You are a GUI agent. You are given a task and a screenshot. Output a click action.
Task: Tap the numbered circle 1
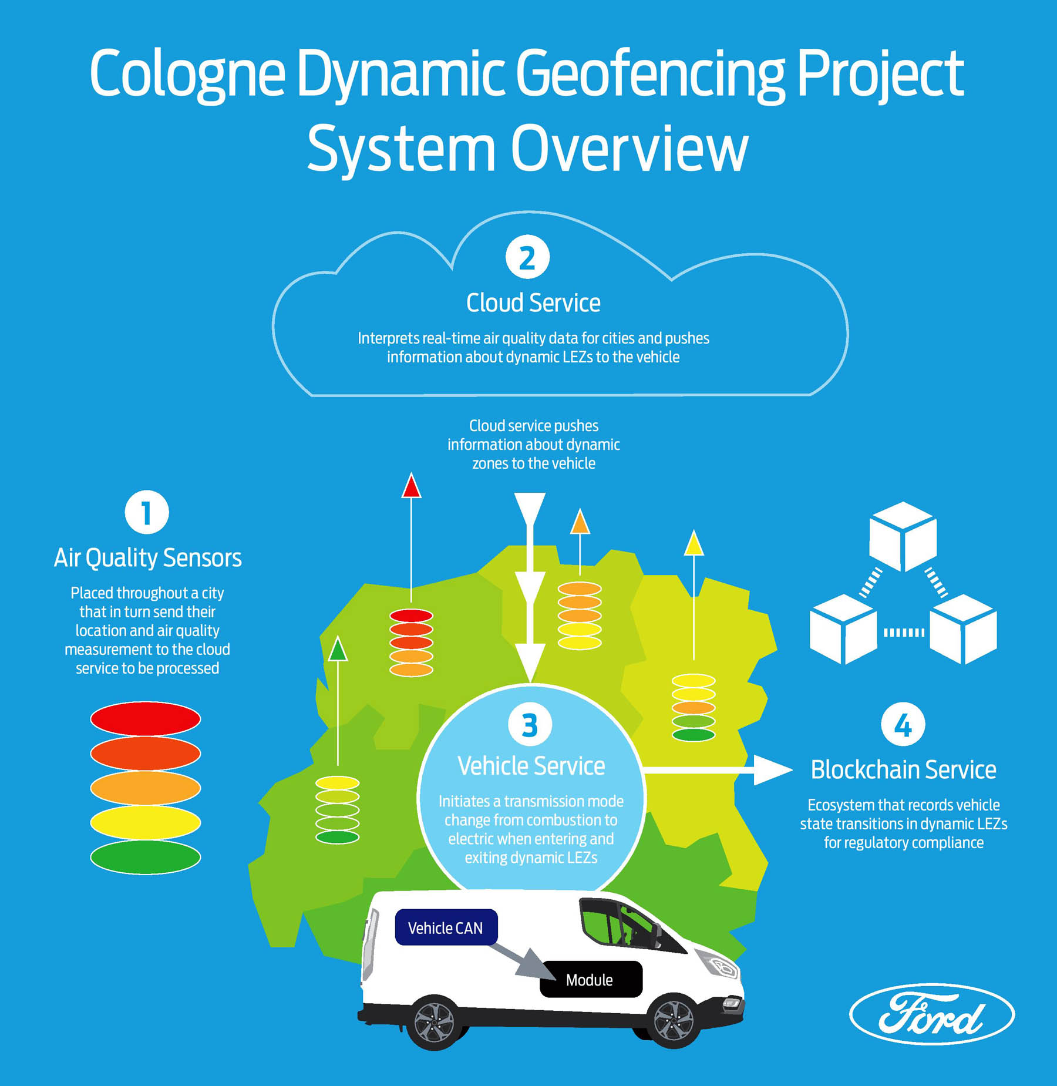click(x=147, y=512)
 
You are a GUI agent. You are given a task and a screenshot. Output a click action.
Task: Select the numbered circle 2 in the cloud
click(x=527, y=257)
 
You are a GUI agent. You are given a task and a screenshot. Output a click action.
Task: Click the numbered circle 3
click(x=530, y=725)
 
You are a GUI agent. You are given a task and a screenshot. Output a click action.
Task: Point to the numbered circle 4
click(x=903, y=725)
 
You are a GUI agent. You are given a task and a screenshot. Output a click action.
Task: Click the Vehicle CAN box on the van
click(x=446, y=928)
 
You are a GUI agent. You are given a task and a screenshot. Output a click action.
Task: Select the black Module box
click(x=590, y=980)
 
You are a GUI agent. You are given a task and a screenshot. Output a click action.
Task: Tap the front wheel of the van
click(x=674, y=1021)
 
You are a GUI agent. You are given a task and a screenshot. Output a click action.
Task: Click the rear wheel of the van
click(x=435, y=1023)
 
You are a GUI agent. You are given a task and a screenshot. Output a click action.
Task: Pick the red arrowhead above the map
click(x=411, y=487)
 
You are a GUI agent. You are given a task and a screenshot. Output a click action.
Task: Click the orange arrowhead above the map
click(x=580, y=522)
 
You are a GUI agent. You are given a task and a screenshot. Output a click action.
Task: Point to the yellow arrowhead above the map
click(x=694, y=544)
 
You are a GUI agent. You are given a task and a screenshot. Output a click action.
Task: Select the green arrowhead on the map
click(x=338, y=650)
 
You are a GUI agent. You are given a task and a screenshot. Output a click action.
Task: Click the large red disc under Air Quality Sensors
click(x=146, y=718)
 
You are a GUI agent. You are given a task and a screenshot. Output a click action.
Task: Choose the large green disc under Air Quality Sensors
click(x=146, y=857)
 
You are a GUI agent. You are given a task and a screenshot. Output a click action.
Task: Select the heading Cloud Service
click(x=533, y=303)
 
